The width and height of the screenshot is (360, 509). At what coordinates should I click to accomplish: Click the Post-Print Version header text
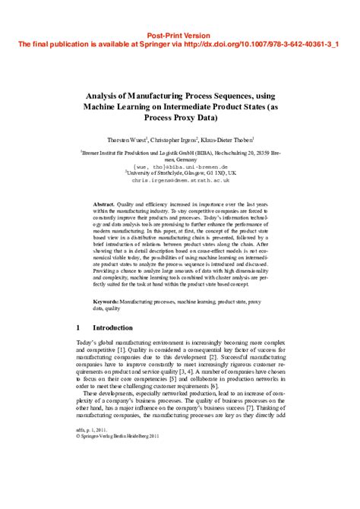179,36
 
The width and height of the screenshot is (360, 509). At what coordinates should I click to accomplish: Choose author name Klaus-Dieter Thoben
227,140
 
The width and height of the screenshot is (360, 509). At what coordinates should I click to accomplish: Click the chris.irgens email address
179,181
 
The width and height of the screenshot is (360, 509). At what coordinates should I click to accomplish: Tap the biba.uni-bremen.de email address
181,166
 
